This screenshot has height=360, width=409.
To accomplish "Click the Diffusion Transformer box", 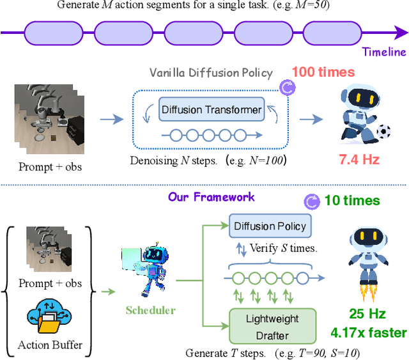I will (211, 109).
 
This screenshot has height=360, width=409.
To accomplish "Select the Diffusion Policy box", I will (270, 226).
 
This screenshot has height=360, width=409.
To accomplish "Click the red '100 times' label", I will (323, 72).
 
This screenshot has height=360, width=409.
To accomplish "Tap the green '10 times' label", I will (352, 201).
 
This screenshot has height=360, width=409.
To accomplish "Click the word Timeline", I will (383, 52).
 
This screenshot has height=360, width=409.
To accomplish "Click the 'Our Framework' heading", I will (211, 197).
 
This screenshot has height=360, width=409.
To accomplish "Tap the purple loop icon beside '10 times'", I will (313, 201).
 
